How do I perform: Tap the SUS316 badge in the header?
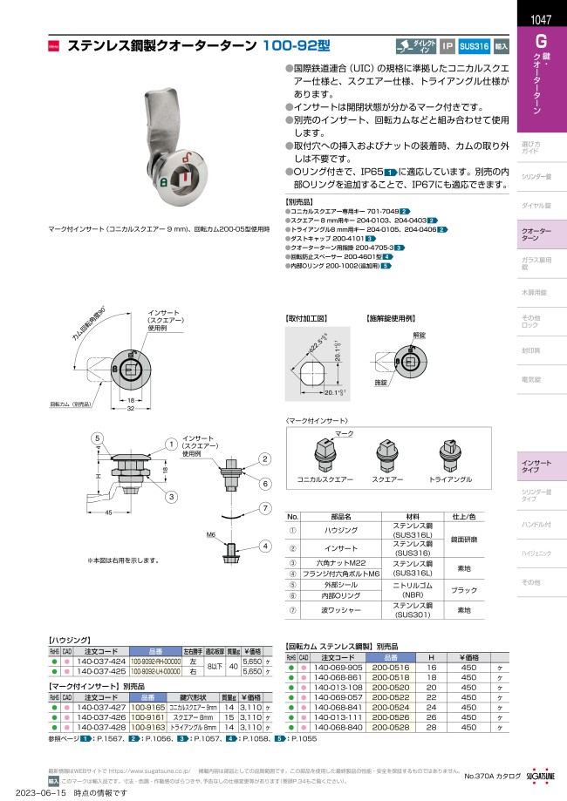tap(474, 46)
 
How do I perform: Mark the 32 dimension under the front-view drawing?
tap(128, 408)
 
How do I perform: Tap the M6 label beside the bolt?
tap(210, 533)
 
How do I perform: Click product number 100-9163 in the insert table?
tap(147, 726)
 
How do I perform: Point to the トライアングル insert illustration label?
tap(452, 480)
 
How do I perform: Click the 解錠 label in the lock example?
tap(419, 335)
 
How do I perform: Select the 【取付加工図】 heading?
tap(308, 318)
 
